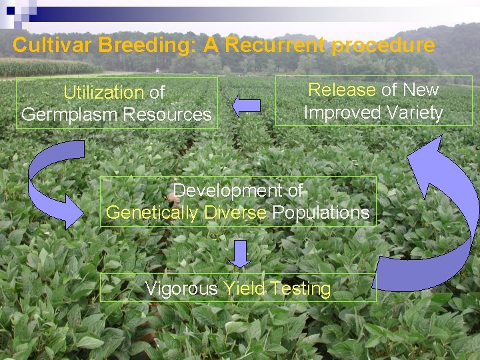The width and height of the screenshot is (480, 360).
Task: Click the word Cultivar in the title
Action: tap(53, 45)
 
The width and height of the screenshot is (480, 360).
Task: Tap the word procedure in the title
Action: tap(383, 45)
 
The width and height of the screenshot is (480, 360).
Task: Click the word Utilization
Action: tap(103, 93)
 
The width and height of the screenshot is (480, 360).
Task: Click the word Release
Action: tap(341, 90)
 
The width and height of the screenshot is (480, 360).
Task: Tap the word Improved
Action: tap(340, 113)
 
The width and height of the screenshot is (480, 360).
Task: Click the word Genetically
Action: tap(152, 213)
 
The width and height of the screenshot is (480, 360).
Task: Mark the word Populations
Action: tap(321, 213)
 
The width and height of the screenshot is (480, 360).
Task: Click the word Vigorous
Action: tap(181, 289)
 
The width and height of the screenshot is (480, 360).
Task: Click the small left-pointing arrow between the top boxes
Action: tap(246, 105)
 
